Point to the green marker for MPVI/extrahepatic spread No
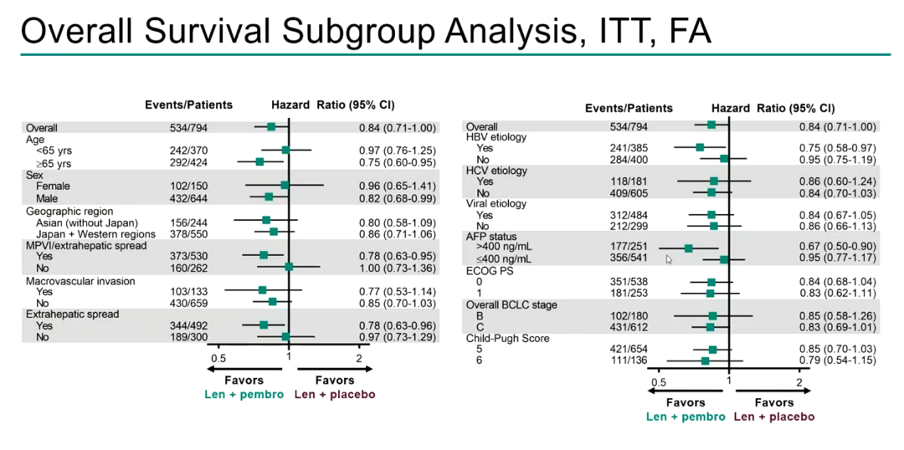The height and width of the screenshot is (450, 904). [289, 267]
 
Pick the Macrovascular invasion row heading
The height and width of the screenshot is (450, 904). [80, 281]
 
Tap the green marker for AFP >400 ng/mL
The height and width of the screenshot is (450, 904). [688, 248]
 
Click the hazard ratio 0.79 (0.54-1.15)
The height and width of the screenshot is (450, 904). [837, 361]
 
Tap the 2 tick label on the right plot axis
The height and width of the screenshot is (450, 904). [800, 382]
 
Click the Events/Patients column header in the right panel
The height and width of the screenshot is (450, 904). [629, 108]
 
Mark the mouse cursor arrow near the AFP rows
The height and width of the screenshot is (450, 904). [669, 259]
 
